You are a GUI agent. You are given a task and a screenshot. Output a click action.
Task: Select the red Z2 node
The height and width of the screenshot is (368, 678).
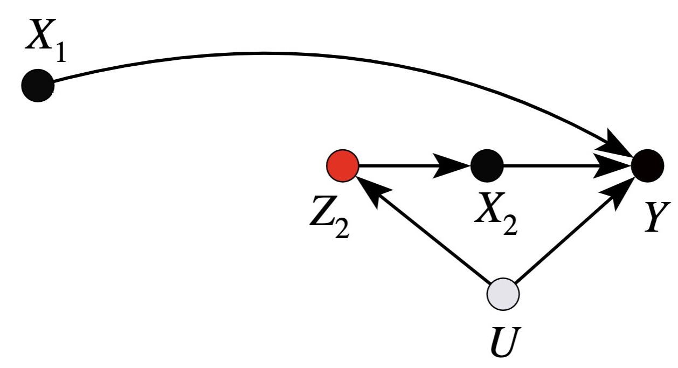pos(343,165)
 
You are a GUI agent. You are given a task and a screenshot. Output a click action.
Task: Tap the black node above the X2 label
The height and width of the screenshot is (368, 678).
pos(487,165)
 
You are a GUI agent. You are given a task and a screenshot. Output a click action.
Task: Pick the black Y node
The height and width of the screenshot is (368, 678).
pos(647,165)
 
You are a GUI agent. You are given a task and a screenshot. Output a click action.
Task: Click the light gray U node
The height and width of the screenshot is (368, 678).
pos(502,294)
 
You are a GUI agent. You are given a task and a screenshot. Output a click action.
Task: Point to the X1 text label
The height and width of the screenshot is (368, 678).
pos(46,42)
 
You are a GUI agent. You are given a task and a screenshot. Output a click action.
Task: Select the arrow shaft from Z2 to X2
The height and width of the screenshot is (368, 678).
pos(399,165)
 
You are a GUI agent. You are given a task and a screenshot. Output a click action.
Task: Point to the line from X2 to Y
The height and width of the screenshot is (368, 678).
pos(544,165)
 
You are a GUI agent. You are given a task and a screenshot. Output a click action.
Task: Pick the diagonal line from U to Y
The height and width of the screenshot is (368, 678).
pos(566,237)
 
